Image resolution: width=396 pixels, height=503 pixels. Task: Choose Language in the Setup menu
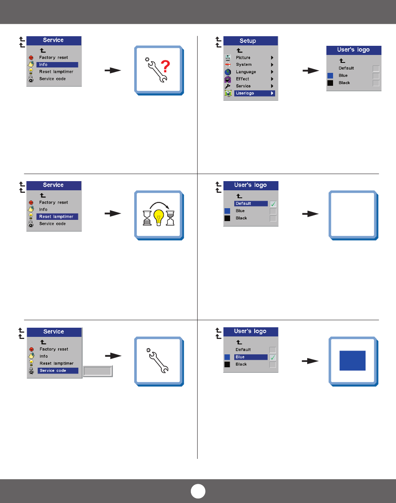click(246, 72)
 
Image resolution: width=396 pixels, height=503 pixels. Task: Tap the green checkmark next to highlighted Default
click(273, 204)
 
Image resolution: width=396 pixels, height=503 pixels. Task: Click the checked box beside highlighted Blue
click(273, 357)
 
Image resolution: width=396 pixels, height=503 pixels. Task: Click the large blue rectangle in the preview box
click(352, 360)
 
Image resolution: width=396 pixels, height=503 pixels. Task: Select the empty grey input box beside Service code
click(98, 371)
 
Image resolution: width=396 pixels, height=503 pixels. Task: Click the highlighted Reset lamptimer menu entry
click(57, 217)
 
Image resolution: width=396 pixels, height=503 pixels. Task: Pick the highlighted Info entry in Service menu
click(57, 65)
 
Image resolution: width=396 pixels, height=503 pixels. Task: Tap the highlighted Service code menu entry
click(58, 371)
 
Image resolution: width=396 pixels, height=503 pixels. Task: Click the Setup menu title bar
click(251, 41)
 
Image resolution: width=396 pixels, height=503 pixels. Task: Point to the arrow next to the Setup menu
click(310, 71)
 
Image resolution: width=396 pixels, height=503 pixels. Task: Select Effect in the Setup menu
click(243, 79)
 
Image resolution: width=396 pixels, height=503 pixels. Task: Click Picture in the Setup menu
click(243, 57)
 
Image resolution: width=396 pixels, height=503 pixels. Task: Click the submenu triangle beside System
click(272, 65)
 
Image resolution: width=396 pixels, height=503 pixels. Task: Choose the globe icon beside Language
click(228, 72)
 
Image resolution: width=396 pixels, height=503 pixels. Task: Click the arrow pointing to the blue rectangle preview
click(310, 361)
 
